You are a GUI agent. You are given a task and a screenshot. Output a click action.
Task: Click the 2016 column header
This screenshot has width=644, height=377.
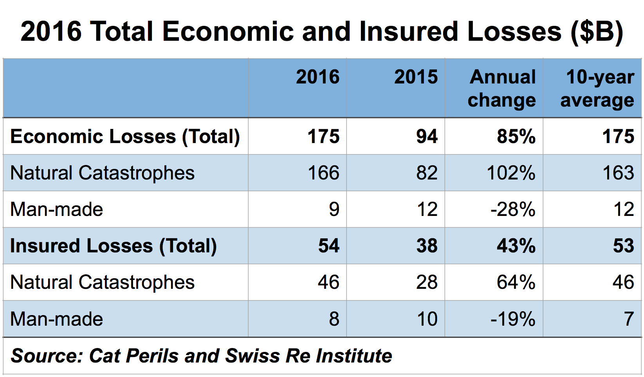click(x=317, y=77)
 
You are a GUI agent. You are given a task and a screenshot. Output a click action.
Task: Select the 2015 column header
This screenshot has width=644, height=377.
click(x=416, y=77)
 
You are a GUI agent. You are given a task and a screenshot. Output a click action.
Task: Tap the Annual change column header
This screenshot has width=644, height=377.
click(x=502, y=88)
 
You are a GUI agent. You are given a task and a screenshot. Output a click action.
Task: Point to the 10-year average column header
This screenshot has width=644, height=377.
click(x=598, y=88)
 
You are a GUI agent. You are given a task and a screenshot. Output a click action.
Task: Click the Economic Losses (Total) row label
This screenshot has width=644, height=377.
click(x=125, y=136)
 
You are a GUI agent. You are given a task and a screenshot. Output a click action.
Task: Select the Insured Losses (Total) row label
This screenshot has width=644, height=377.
click(x=113, y=246)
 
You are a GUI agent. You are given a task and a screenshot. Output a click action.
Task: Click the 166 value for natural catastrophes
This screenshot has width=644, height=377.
click(x=323, y=173)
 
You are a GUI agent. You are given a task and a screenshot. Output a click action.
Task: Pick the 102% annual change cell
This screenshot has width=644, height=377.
click(x=511, y=173)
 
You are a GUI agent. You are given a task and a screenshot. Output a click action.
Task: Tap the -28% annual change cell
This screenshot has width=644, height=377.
click(x=512, y=209)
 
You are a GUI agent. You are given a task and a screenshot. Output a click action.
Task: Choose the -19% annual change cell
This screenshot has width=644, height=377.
click(x=512, y=319)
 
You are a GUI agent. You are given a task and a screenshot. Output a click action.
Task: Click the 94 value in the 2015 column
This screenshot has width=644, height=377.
click(x=427, y=136)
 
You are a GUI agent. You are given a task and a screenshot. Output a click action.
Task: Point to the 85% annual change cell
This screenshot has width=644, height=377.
click(x=516, y=136)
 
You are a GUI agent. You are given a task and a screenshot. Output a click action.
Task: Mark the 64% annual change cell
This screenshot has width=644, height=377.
click(x=516, y=282)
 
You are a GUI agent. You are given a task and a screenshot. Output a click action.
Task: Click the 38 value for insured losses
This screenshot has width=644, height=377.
click(x=427, y=246)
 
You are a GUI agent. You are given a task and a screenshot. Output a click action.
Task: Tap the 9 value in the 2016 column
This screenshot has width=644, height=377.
click(x=334, y=209)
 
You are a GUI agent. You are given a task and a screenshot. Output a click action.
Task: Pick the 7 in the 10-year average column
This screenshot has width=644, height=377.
click(x=628, y=319)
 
